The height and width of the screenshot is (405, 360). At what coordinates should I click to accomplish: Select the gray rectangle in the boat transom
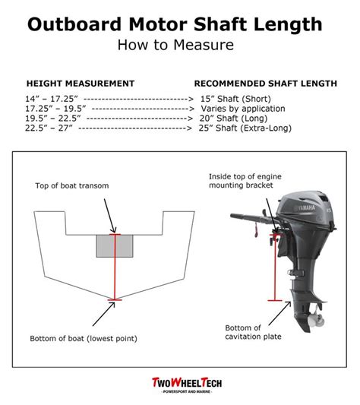click(115, 245)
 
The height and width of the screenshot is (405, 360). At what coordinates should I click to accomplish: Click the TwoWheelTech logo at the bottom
click(179, 384)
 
